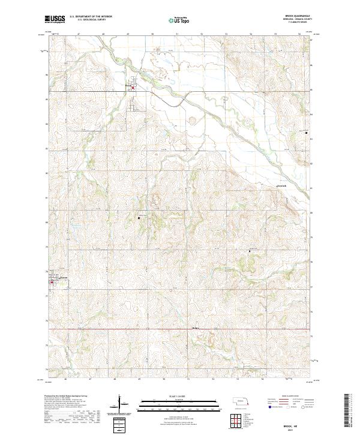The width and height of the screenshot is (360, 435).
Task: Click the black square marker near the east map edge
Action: (306, 133)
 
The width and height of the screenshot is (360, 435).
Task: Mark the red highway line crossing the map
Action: (180, 329)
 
